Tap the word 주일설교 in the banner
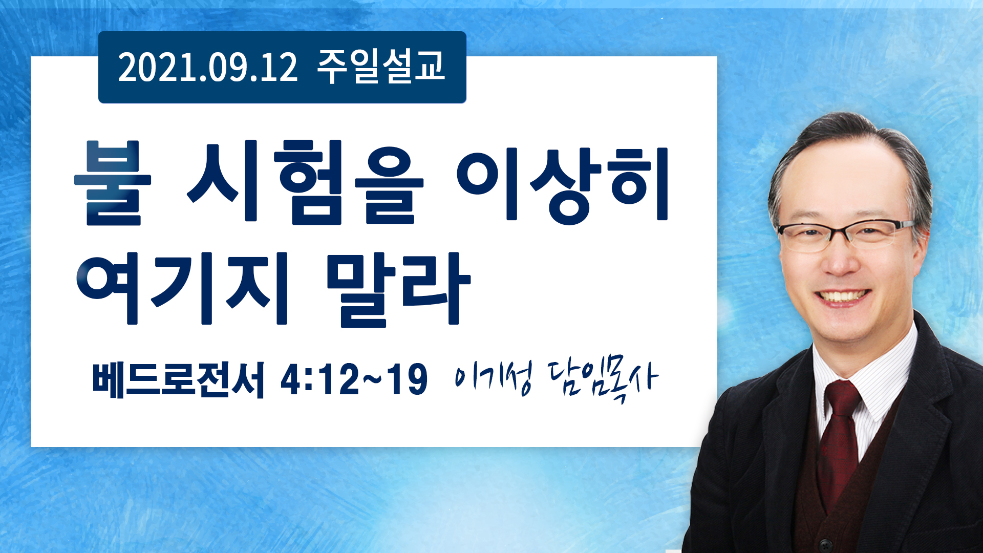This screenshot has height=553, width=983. [381, 67]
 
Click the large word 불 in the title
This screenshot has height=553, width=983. [113, 183]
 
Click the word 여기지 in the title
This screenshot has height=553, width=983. [182, 288]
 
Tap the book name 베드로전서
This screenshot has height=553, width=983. [178, 379]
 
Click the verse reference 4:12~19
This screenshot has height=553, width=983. [354, 379]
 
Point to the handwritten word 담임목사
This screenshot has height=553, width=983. [602, 380]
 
